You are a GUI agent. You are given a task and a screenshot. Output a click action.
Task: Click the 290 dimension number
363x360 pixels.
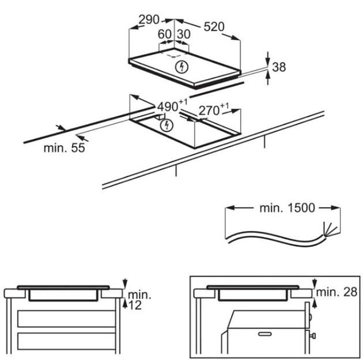[149, 20]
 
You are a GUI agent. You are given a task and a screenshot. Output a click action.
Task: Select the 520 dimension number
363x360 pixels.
[214, 27]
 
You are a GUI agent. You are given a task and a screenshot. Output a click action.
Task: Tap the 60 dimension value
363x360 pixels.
[165, 34]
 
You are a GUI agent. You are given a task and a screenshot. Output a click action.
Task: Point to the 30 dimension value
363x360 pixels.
[184, 34]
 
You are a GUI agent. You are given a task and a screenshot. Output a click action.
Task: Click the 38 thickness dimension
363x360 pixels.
[279, 67]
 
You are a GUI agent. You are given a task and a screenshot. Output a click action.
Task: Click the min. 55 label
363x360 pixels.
[65, 148]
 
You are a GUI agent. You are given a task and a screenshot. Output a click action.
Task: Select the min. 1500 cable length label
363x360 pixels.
[288, 208]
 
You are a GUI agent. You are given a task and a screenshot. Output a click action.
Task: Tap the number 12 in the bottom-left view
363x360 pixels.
[135, 305]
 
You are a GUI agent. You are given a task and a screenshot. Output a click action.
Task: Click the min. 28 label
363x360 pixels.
[336, 292]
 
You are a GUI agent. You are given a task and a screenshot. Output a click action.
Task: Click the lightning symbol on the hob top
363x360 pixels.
[181, 67]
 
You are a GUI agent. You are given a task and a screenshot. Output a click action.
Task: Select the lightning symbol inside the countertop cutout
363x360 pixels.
[167, 126]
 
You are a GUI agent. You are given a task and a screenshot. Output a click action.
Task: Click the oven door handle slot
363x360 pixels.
[265, 334]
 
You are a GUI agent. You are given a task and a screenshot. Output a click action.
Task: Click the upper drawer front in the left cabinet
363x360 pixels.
[67, 318]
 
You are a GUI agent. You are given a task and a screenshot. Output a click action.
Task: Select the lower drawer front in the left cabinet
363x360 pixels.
[67, 341]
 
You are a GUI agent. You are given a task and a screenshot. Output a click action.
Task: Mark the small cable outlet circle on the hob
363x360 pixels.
[174, 57]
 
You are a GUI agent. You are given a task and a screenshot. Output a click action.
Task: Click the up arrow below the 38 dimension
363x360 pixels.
[268, 78]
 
